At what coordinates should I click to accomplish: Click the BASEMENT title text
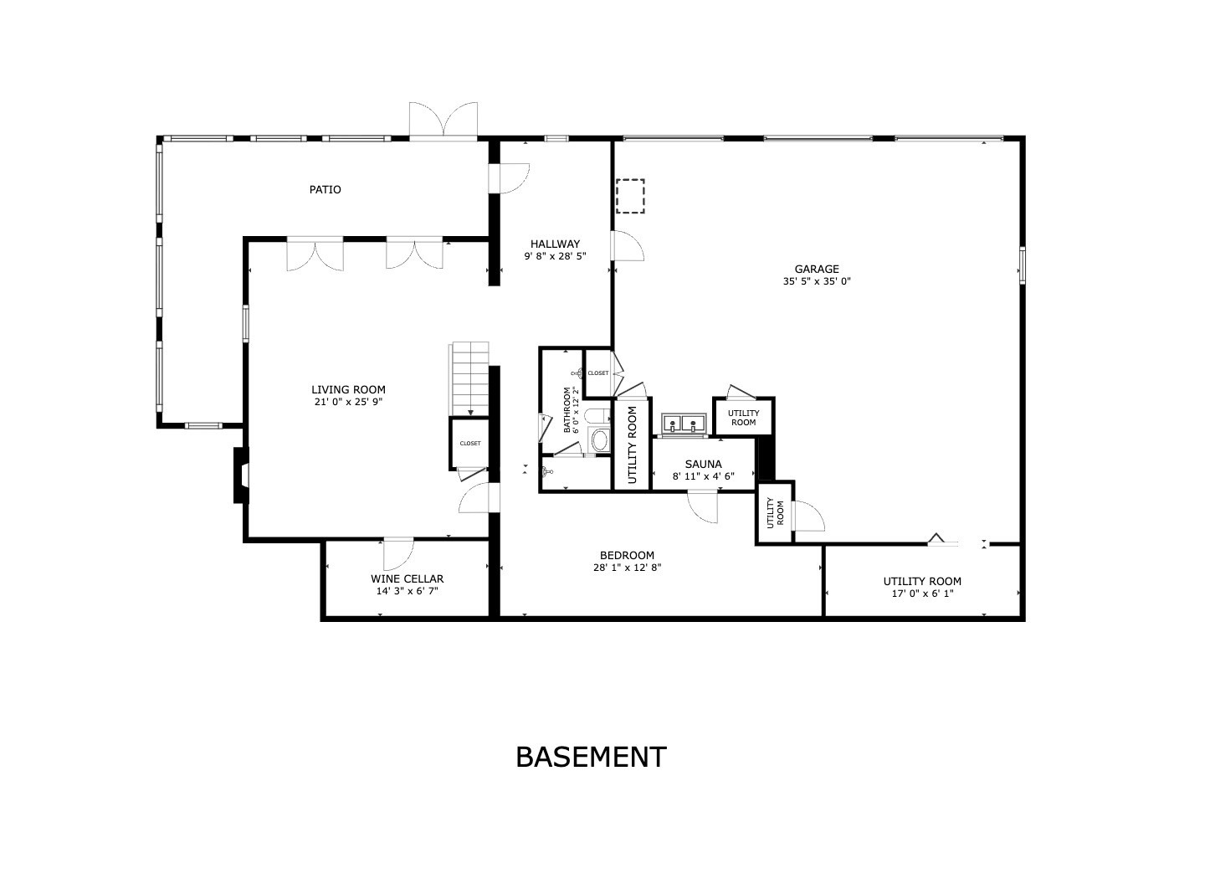pyautogui.click(x=591, y=757)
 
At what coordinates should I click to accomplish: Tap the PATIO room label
pyautogui.click(x=326, y=190)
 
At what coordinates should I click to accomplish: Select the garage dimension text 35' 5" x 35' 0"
pyautogui.click(x=817, y=282)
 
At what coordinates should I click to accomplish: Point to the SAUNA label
pyautogui.click(x=703, y=465)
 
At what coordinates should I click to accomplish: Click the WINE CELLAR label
pyautogui.click(x=407, y=579)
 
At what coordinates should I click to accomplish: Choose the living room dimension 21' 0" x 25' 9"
pyautogui.click(x=348, y=403)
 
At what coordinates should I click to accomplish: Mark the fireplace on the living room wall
pyautogui.click(x=241, y=475)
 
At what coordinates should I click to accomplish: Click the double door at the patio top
pyautogui.click(x=443, y=121)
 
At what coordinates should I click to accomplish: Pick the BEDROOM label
pyautogui.click(x=627, y=556)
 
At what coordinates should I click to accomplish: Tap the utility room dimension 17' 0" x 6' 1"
pyautogui.click(x=922, y=594)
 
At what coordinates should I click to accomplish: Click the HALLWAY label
pyautogui.click(x=555, y=244)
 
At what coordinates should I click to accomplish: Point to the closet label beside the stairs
pyautogui.click(x=470, y=444)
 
